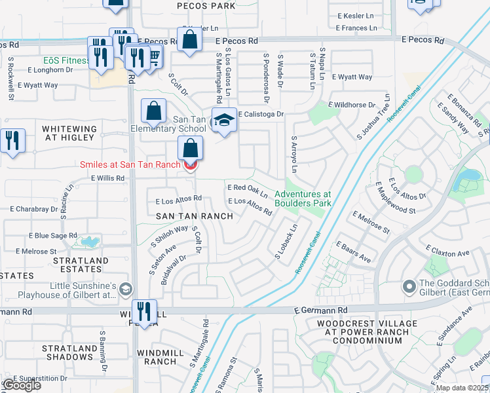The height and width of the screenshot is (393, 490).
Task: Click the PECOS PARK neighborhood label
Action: [206, 6]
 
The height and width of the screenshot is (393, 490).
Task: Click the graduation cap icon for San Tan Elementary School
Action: [224, 121]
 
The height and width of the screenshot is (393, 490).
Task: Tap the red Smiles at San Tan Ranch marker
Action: [190, 166]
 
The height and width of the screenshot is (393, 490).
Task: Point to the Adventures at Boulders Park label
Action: [302, 199]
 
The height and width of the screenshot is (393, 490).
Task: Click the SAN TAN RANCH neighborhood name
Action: [194, 216]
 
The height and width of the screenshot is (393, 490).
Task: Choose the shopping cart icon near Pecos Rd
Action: [155, 59]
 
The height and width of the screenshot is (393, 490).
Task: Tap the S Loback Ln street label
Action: [286, 242]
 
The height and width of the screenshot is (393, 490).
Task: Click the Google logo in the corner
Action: [22, 384]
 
